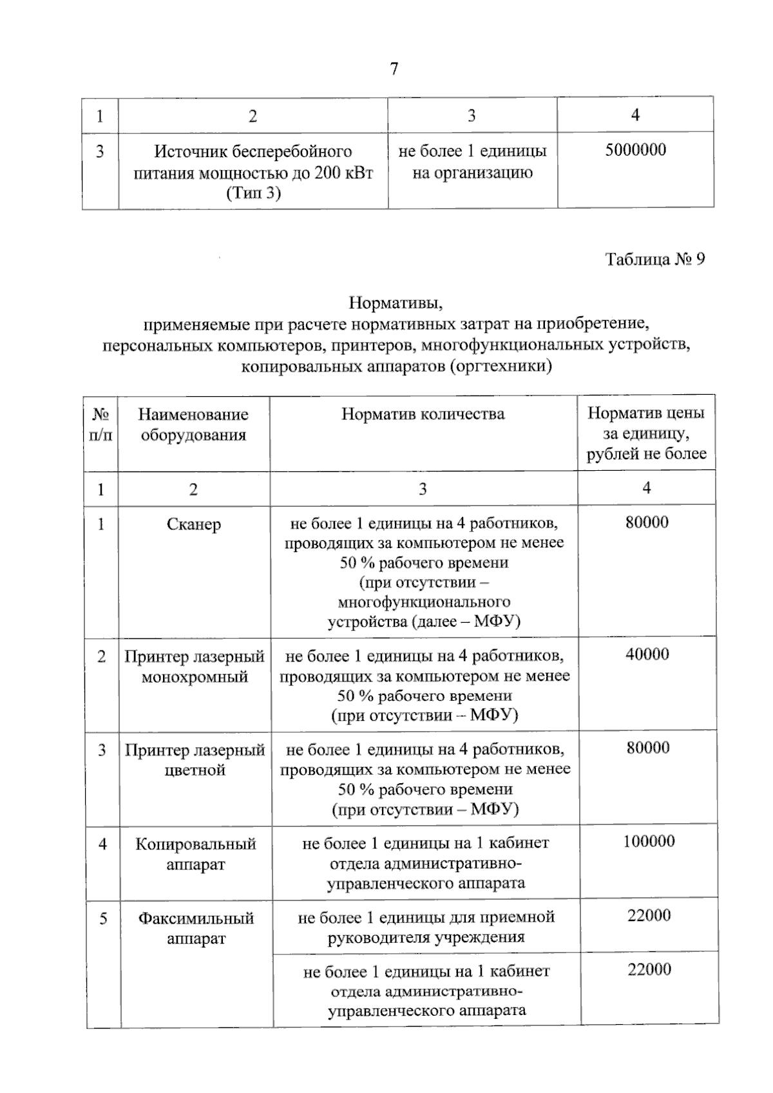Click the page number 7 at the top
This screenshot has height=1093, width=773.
[394, 69]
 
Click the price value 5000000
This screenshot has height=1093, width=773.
[635, 150]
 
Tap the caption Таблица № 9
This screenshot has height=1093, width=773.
[654, 259]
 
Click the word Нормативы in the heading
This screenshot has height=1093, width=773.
[396, 301]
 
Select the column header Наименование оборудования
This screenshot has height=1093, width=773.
[193, 424]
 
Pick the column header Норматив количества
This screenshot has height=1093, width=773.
[423, 414]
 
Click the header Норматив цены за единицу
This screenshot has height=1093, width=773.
[646, 433]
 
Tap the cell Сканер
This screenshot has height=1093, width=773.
[193, 524]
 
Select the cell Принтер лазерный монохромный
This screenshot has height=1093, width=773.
[195, 667]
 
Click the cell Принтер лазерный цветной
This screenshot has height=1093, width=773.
[195, 760]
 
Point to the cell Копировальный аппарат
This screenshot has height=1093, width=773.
[195, 854]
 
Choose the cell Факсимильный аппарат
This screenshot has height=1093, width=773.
[196, 928]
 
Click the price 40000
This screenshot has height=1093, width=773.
[647, 654]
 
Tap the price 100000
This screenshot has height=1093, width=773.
[649, 841]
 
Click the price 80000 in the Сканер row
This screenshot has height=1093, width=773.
[647, 522]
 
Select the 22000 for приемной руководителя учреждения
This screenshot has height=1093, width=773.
[649, 915]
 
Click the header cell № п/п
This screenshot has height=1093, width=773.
[100, 424]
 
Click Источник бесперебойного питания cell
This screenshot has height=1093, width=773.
[253, 172]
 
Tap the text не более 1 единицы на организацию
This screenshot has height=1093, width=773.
[472, 162]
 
